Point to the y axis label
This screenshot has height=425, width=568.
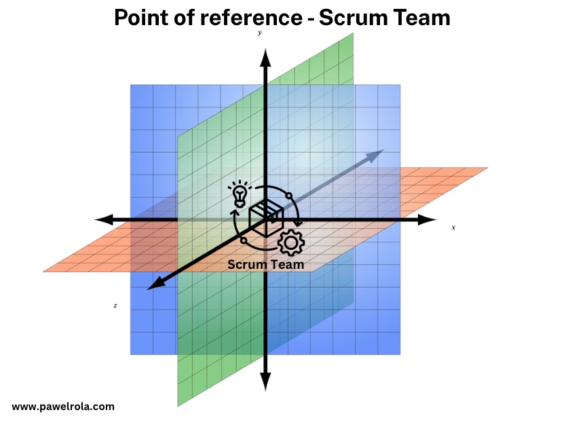point(260,33)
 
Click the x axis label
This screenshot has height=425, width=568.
point(453,227)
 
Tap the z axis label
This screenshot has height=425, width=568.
point(115,306)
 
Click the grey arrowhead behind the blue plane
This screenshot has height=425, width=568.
point(375,155)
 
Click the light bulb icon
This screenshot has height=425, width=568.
point(238,193)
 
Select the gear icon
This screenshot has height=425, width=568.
point(291,242)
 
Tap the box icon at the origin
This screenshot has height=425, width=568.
point(265,217)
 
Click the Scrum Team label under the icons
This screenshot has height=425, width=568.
point(265,264)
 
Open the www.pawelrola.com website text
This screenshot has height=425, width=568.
point(63,407)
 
